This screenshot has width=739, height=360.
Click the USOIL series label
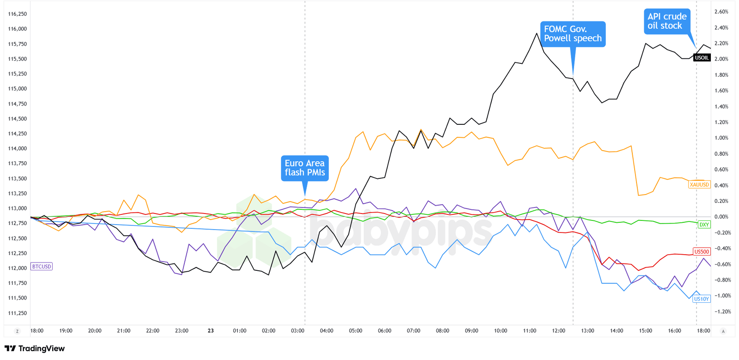pos(702,58)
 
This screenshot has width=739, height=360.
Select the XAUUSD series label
pos(699,185)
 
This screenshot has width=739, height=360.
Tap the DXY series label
pos(704,225)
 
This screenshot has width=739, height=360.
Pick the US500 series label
pos(701,252)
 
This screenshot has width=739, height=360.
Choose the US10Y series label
pos(701,299)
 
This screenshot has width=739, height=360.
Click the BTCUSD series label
pos(41,267)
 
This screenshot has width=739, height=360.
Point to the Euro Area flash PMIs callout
pos(304,168)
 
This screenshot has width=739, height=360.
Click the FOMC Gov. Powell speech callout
pos(573,34)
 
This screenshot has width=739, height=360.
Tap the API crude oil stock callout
pos(667,21)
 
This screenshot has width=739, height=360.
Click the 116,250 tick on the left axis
pos(18,14)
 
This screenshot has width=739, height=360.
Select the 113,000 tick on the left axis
pos(18,208)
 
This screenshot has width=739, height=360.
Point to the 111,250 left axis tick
pos(18,313)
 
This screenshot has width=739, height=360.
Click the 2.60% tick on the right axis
pos(721,12)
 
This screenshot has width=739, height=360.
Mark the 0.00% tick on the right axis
pos(721,217)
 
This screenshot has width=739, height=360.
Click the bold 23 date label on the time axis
pos(211,331)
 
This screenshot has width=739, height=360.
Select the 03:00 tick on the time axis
pos(297,331)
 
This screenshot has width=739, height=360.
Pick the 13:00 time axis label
pos(588,331)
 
